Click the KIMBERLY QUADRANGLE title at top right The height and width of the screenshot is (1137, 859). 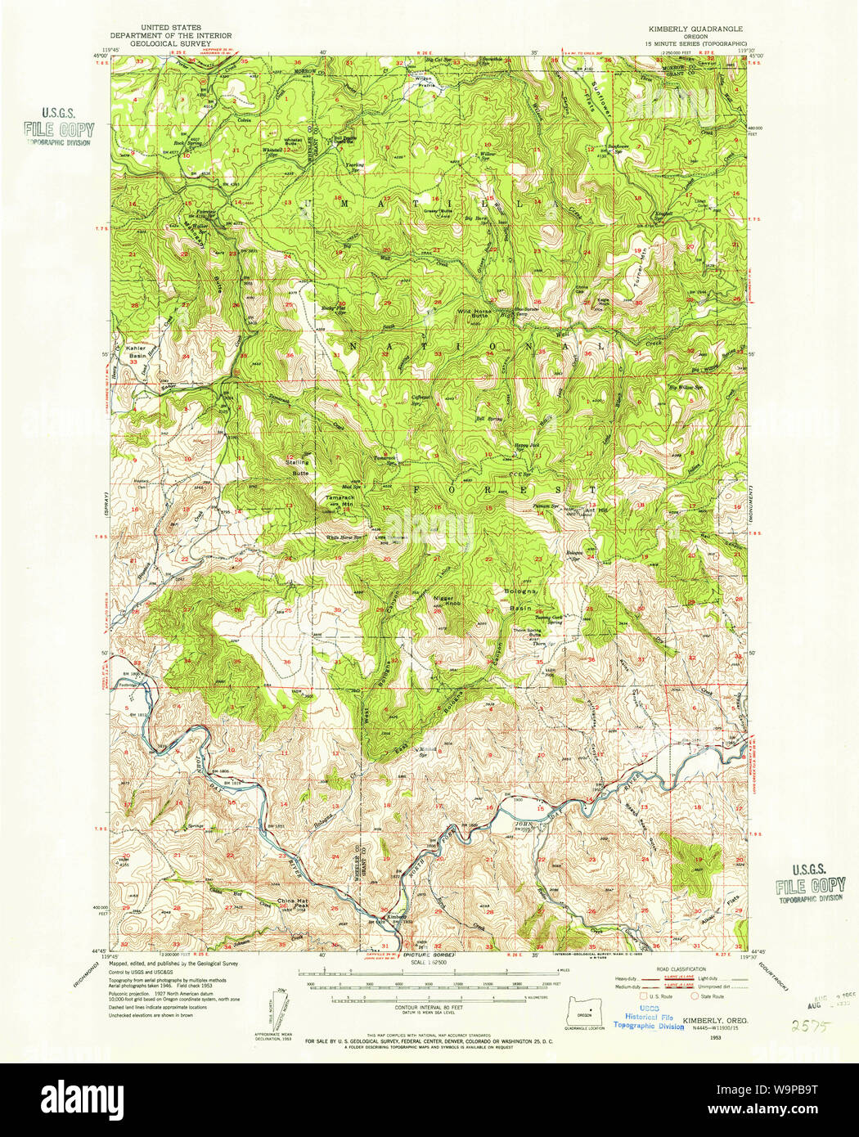pyautogui.click(x=695, y=28)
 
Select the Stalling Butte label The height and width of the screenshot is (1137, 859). pyautogui.click(x=297, y=465)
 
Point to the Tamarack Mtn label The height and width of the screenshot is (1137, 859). pyautogui.click(x=340, y=501)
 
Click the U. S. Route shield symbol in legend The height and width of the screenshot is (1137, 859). pyautogui.click(x=644, y=996)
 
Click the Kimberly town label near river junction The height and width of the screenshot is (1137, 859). pyautogui.click(x=397, y=916)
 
